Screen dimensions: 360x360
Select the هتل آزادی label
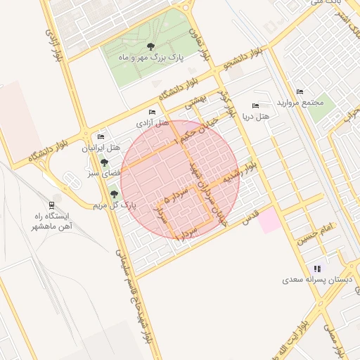tap(153, 123)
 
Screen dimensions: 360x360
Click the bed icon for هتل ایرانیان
tap(101, 136)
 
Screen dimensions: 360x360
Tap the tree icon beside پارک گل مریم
tap(114, 194)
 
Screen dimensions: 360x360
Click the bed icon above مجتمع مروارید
tap(300, 92)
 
